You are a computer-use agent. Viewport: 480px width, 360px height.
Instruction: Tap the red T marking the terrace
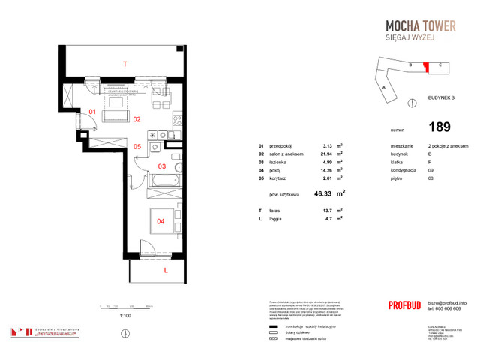tap(125, 64)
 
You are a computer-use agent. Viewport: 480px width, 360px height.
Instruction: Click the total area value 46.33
tap(325, 193)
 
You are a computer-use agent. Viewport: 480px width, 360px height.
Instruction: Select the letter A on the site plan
tap(384, 87)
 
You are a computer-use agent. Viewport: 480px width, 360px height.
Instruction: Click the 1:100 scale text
tap(125, 316)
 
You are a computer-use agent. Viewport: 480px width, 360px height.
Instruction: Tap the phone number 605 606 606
tap(439, 308)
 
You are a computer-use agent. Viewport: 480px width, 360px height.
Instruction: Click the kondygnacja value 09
tap(430, 170)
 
